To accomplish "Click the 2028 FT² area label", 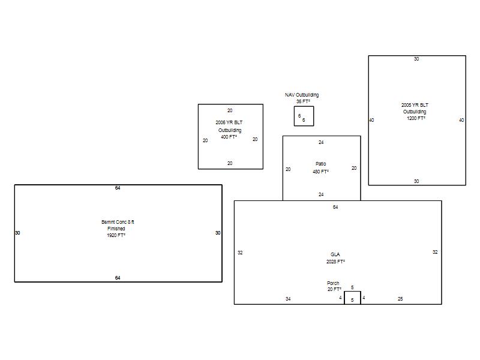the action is pyautogui.click(x=335, y=262).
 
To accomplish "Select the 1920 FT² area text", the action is pyautogui.click(x=116, y=235).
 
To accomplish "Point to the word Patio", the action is pyautogui.click(x=321, y=164).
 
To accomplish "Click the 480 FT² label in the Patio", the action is pyautogui.click(x=320, y=172).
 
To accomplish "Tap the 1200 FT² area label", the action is pyautogui.click(x=416, y=118).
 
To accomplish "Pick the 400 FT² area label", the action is pyautogui.click(x=229, y=137).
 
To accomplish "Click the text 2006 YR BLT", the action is pyautogui.click(x=229, y=122).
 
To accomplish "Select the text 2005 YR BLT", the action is pyautogui.click(x=415, y=104).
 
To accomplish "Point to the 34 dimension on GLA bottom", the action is pyautogui.click(x=288, y=299).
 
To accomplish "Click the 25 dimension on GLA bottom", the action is pyautogui.click(x=400, y=299).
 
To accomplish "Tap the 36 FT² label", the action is pyautogui.click(x=303, y=101).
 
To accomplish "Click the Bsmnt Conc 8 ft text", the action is pyautogui.click(x=118, y=221).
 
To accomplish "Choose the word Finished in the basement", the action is pyautogui.click(x=116, y=229).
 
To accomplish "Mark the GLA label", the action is pyautogui.click(x=335, y=254).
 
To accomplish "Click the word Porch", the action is pyautogui.click(x=333, y=283).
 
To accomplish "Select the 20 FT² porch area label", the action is pyautogui.click(x=334, y=289).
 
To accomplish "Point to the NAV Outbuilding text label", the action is pyautogui.click(x=302, y=95).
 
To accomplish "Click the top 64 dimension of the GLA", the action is pyautogui.click(x=335, y=207).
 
